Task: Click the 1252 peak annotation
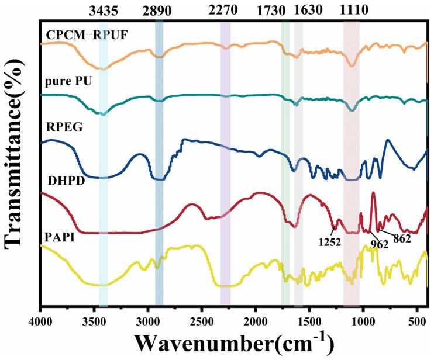click(330, 240)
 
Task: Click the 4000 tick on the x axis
click(40, 320)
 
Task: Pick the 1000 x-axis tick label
click(363, 320)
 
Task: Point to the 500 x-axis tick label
click(417, 320)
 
